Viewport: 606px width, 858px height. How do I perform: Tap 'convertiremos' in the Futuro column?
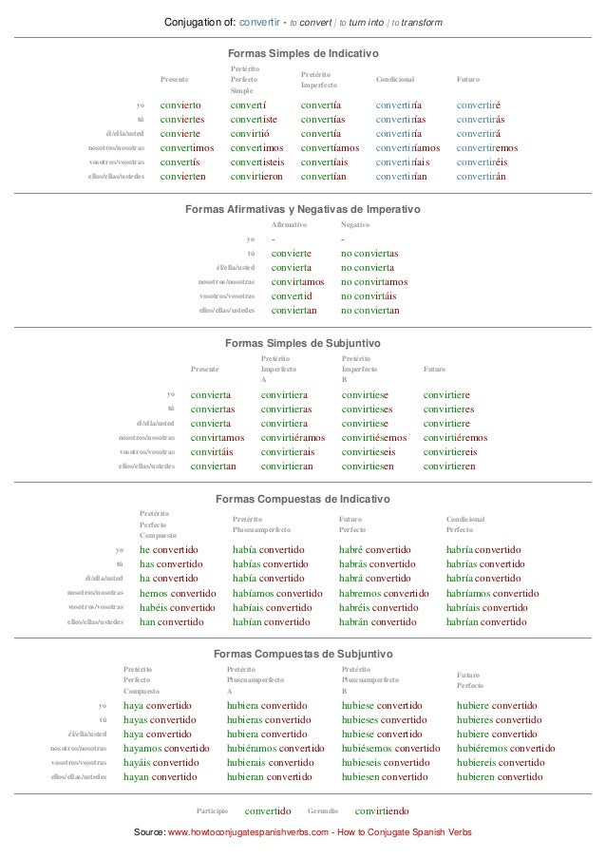click(487, 148)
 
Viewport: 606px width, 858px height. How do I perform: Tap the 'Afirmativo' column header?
click(290, 225)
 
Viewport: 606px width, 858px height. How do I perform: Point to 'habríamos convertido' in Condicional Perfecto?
click(492, 594)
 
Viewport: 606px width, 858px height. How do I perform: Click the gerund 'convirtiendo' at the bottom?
click(382, 811)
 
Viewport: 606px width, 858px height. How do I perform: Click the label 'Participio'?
click(212, 811)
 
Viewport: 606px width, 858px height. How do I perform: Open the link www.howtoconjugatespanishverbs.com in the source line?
click(248, 832)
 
